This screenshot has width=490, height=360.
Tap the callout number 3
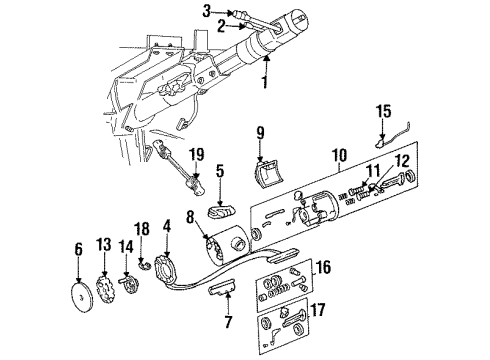pyautogui.click(x=206, y=12)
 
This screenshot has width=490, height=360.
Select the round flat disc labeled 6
pyautogui.click(x=78, y=297)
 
